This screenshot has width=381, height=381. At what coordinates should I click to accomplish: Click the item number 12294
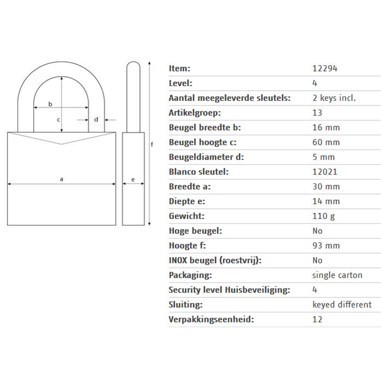tap(325, 69)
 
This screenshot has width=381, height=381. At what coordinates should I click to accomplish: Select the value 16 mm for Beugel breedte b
tap(326, 128)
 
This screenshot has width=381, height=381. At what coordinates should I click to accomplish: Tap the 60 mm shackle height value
tap(326, 142)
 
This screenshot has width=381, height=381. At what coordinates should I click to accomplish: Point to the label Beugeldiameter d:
tap(206, 157)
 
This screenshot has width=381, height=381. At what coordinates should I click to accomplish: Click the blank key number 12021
tap(325, 172)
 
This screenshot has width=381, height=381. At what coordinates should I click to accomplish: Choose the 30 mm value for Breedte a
tap(326, 187)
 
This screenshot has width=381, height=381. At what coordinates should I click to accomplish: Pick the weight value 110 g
tap(324, 216)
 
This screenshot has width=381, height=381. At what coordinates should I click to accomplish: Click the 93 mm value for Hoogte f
tap(326, 246)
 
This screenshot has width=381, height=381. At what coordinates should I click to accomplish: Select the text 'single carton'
tap(337, 275)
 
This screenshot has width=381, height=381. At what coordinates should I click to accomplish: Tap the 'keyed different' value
tap(342, 305)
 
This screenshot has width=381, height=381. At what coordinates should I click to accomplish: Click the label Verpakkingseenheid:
tap(211, 320)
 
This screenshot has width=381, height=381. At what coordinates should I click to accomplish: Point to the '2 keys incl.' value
tap(334, 98)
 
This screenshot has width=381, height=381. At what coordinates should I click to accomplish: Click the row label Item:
tap(180, 69)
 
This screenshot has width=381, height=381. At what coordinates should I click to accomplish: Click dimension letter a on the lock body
tap(61, 180)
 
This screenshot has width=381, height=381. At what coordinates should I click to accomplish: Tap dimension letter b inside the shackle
tap(50, 104)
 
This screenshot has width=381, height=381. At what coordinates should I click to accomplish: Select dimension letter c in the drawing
tap(58, 120)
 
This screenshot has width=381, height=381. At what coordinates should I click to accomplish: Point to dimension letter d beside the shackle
tap(96, 120)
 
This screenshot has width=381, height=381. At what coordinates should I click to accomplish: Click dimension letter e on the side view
tap(133, 180)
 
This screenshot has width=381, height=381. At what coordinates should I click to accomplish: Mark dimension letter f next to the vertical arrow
tap(152, 144)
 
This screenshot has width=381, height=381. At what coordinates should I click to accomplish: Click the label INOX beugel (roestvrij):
tap(215, 261)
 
